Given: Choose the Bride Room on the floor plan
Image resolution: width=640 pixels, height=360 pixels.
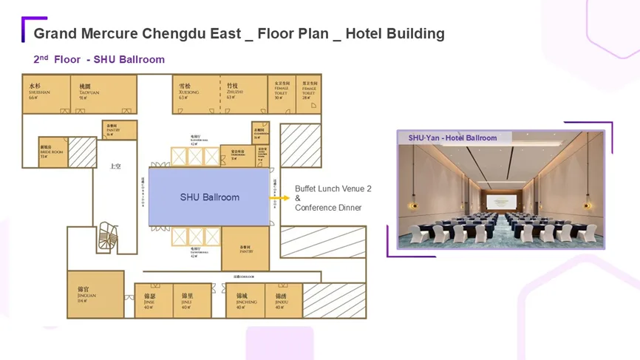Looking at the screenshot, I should click(51, 152).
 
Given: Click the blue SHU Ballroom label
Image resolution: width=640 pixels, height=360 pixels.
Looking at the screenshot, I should click(210, 197).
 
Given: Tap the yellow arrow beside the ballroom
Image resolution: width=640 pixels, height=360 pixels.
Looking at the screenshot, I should click(283, 198).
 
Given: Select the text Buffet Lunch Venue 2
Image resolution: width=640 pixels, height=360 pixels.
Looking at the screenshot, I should click(333, 189).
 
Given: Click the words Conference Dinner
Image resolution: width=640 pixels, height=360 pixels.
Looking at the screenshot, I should click(328, 208).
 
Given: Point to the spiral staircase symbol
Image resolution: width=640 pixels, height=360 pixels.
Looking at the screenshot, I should click(109, 235).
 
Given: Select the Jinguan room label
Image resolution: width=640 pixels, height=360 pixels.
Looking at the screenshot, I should click(86, 294).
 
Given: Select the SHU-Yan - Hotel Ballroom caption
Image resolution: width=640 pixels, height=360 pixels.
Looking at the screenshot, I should click(452, 137).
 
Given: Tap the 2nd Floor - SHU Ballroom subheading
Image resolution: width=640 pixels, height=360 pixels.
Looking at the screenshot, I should click(99, 59).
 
